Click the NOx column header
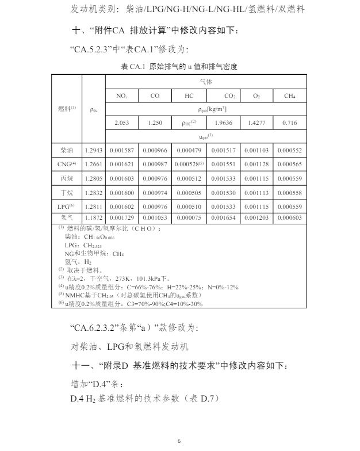click(x=121, y=96)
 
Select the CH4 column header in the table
click(x=290, y=96)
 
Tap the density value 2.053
click(x=121, y=123)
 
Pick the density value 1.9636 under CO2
click(x=223, y=123)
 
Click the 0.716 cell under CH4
click(x=290, y=123)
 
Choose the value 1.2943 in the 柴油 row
click(x=94, y=150)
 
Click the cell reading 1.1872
click(x=94, y=218)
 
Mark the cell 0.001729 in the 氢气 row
click(x=121, y=218)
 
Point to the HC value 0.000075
click(x=189, y=218)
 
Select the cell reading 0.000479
click(x=189, y=150)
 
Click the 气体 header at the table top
click(x=205, y=82)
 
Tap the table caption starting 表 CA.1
click(x=179, y=67)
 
